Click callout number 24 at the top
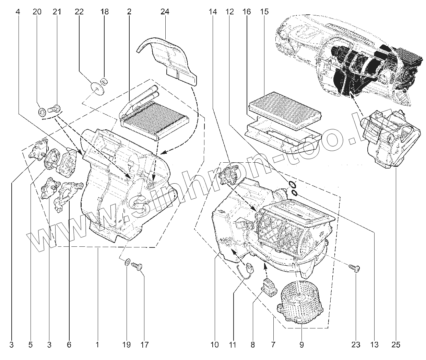point(165,12)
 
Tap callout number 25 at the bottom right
point(395,345)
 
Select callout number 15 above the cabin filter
point(264,12)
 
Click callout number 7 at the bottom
point(273,345)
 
